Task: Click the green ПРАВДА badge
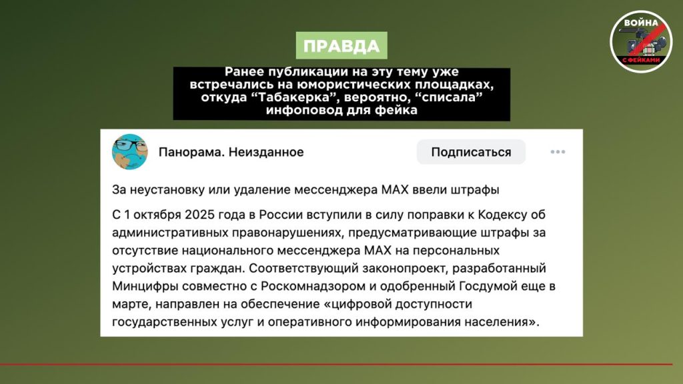tap(341, 45)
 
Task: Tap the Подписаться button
tap(471, 152)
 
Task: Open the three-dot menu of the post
tap(558, 152)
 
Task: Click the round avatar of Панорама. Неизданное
tap(130, 151)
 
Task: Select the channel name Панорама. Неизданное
tap(231, 152)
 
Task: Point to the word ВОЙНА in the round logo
tap(640, 23)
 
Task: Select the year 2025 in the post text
tap(199, 215)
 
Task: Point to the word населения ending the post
tap(502, 322)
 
